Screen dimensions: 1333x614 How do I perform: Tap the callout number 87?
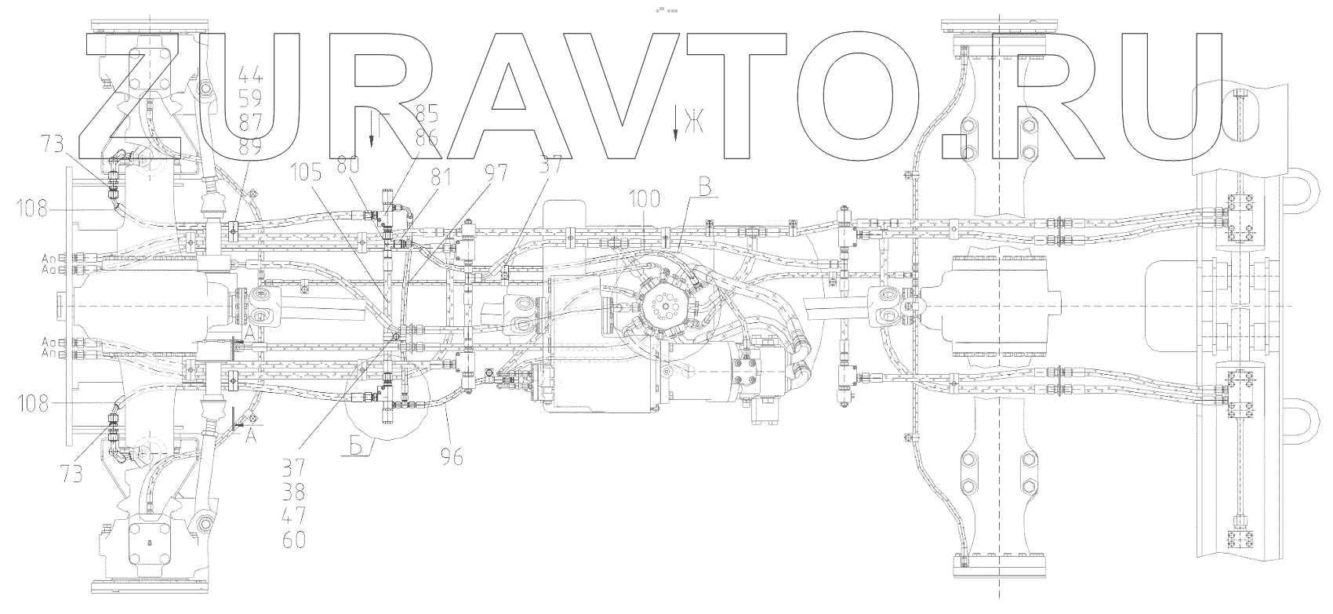pos(251,124)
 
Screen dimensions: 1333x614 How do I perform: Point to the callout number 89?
pos(251,147)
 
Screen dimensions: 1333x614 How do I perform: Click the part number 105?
pos(307,172)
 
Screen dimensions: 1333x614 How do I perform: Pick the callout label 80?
pos(348,165)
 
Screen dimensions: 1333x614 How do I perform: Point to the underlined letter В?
pos(703,188)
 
